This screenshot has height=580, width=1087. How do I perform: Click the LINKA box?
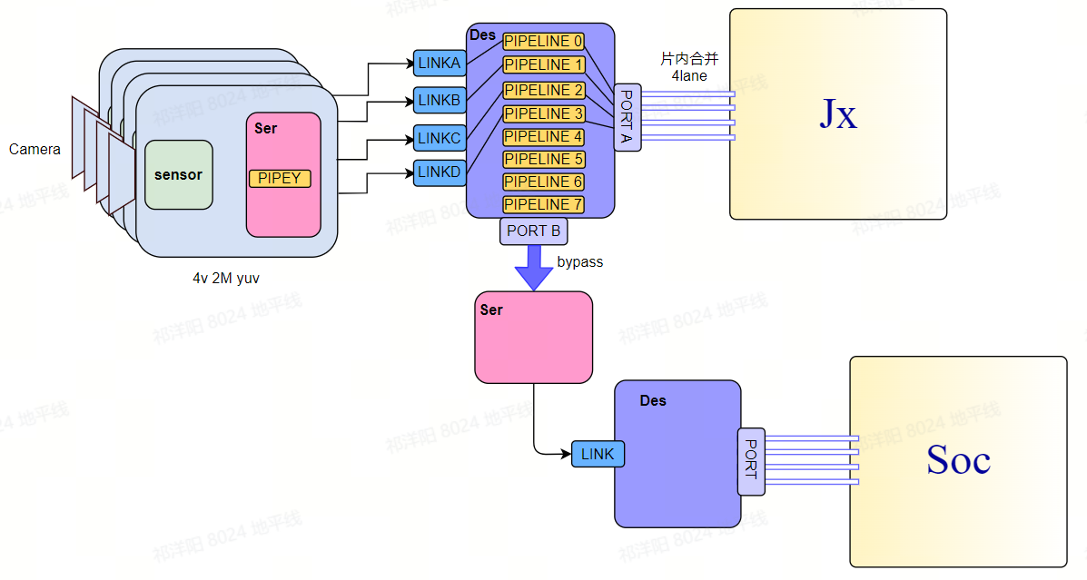pos(440,64)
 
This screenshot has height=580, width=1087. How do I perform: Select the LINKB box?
pos(440,100)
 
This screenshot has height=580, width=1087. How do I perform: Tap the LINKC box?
pos(440,138)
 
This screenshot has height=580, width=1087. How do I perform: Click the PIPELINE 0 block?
pos(543,42)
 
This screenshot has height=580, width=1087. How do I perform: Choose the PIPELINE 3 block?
pos(543,113)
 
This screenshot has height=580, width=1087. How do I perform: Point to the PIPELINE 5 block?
pos(543,159)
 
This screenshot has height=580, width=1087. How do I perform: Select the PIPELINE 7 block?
pos(543,204)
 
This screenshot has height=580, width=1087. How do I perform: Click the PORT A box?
pos(627,117)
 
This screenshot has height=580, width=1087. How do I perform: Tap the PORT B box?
pos(533,231)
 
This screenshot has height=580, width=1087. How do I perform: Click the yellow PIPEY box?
pos(280,179)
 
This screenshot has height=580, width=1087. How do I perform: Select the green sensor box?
pos(178,174)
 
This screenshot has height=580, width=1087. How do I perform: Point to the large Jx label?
pos(838,114)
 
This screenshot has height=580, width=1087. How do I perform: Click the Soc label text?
pos(957,460)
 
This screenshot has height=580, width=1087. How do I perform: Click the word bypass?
pos(579,262)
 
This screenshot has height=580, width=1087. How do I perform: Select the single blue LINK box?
pos(598,454)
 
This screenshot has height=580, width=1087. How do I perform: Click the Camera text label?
pos(35,149)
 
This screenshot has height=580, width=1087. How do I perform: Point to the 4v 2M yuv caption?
pos(225,279)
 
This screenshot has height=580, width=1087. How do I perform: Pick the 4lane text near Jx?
pos(689,76)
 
